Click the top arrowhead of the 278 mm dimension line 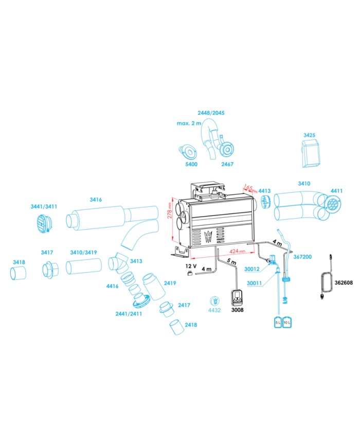[173, 199]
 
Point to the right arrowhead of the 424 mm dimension [253, 252]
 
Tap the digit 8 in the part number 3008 [242, 310]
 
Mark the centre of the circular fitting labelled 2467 [227, 149]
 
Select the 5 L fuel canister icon [278, 322]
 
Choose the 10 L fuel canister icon [287, 322]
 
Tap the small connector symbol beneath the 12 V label [189, 273]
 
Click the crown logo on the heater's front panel [208, 236]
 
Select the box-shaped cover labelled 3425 [311, 153]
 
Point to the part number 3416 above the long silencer [96, 200]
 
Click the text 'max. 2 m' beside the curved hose [189, 123]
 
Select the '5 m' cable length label [232, 261]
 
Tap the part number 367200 [303, 257]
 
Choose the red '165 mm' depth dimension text [250, 188]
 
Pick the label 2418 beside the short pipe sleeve [191, 325]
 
